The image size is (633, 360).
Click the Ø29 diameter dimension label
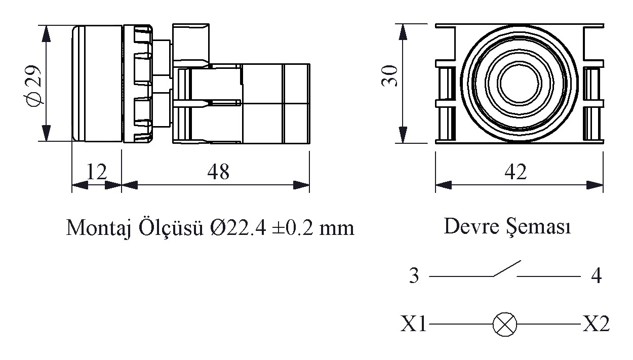point(34,84)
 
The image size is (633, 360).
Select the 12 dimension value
point(96,172)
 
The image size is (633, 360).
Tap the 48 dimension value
point(218,172)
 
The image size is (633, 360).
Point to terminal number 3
point(414,277)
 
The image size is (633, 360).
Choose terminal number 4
point(596,277)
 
